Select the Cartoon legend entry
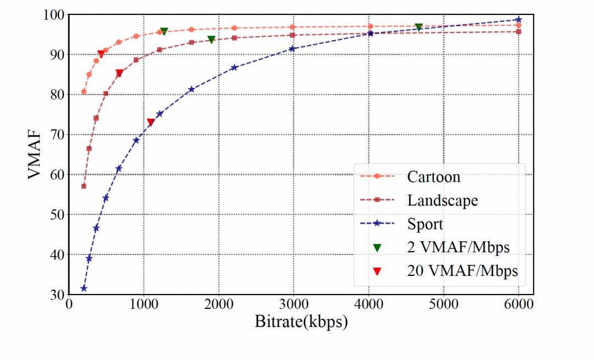[433, 176]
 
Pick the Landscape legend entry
[442, 200]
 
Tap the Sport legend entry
[425, 224]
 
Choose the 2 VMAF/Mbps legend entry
[458, 247]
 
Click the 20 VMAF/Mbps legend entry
[463, 270]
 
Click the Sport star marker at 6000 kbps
[519, 20]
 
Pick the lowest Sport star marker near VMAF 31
[84, 289]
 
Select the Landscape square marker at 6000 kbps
[519, 31]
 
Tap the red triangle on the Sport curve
[151, 122]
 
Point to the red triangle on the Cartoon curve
[101, 54]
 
